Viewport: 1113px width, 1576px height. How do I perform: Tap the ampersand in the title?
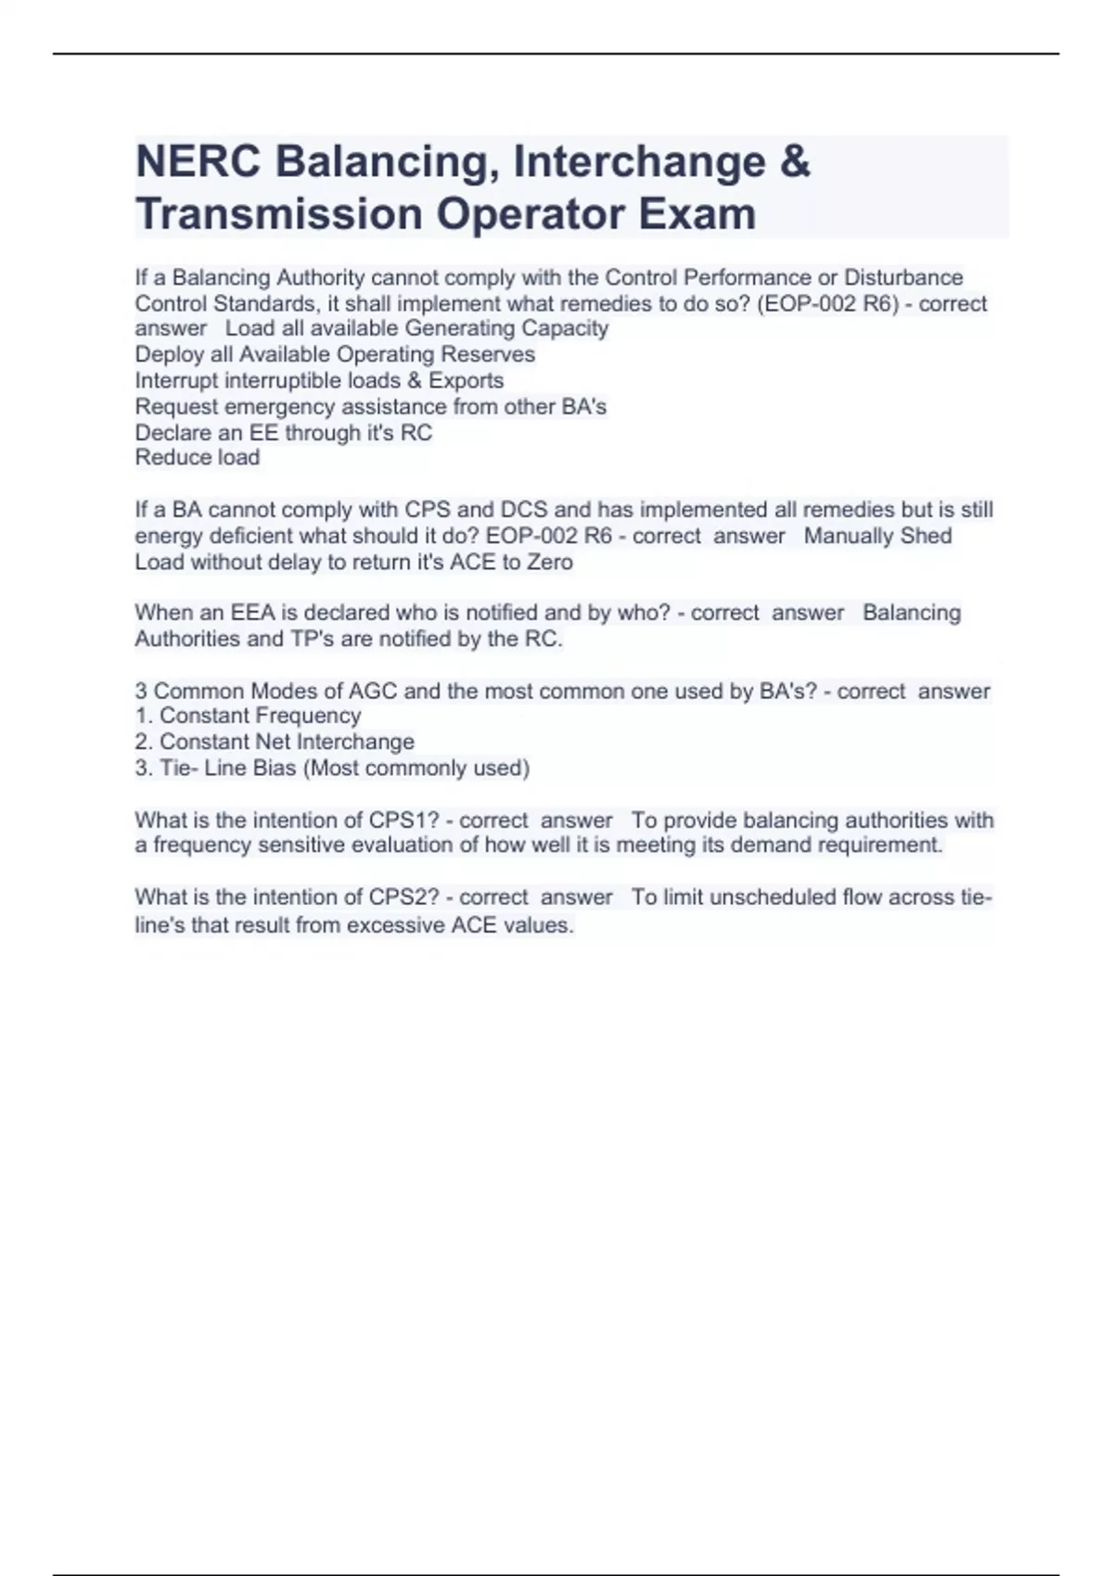[794, 161]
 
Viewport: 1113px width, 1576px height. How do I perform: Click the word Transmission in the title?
[279, 214]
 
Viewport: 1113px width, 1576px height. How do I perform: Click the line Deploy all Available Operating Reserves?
[335, 354]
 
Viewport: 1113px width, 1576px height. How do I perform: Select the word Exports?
[466, 380]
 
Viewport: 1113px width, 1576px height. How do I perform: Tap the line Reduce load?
[198, 457]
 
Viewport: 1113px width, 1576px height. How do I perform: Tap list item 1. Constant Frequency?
[248, 716]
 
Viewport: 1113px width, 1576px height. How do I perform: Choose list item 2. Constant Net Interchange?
[275, 742]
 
